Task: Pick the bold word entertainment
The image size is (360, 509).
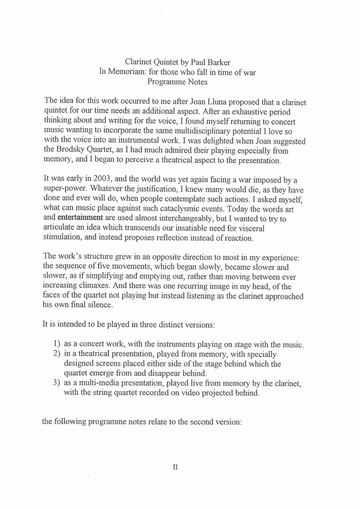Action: coord(80,218)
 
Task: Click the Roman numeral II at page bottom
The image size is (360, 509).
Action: coord(175,467)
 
